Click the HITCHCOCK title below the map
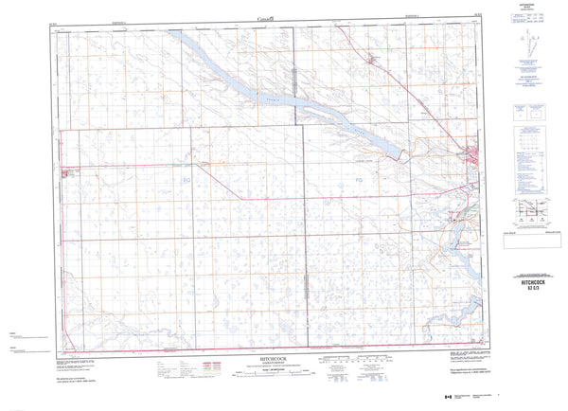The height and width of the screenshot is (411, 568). pos(271,348)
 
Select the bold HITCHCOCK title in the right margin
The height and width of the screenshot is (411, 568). pos(534,282)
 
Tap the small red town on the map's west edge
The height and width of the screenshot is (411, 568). pos(66,172)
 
